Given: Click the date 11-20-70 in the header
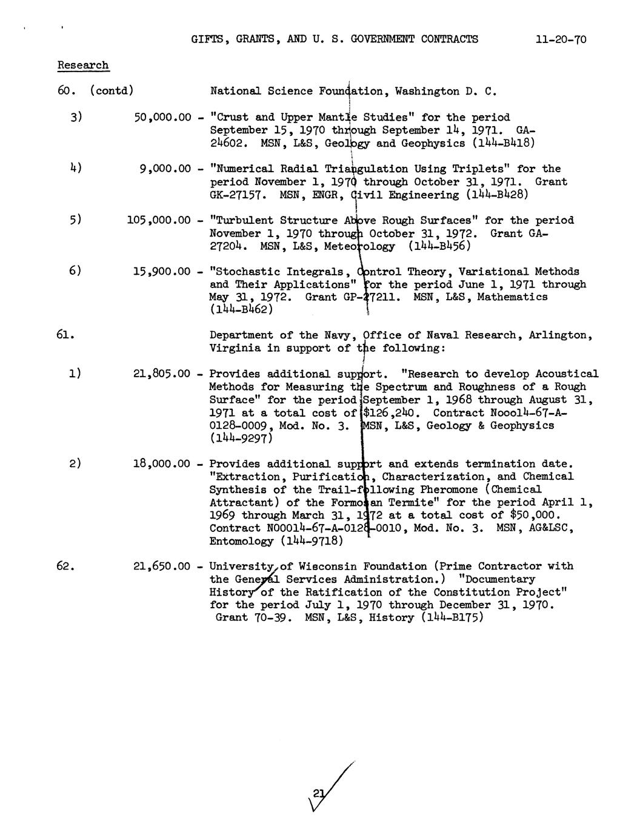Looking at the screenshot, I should [x=561, y=40].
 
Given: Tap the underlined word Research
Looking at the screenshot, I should [x=83, y=65].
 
